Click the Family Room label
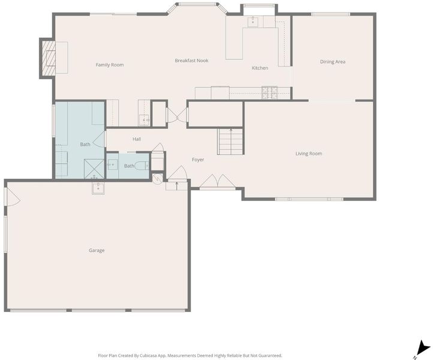point(110,65)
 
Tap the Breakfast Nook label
point(192,61)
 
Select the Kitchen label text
point(260,68)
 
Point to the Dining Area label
point(332,62)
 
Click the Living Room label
point(309,154)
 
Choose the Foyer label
point(198,160)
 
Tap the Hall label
point(137,139)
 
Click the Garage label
point(97,250)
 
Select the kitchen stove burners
point(270,92)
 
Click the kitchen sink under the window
point(252,22)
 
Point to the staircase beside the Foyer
point(230,142)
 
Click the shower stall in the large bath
point(94,169)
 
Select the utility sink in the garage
point(98,188)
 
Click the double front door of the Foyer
point(218,181)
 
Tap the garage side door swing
point(13,197)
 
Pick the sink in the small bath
point(112,164)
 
